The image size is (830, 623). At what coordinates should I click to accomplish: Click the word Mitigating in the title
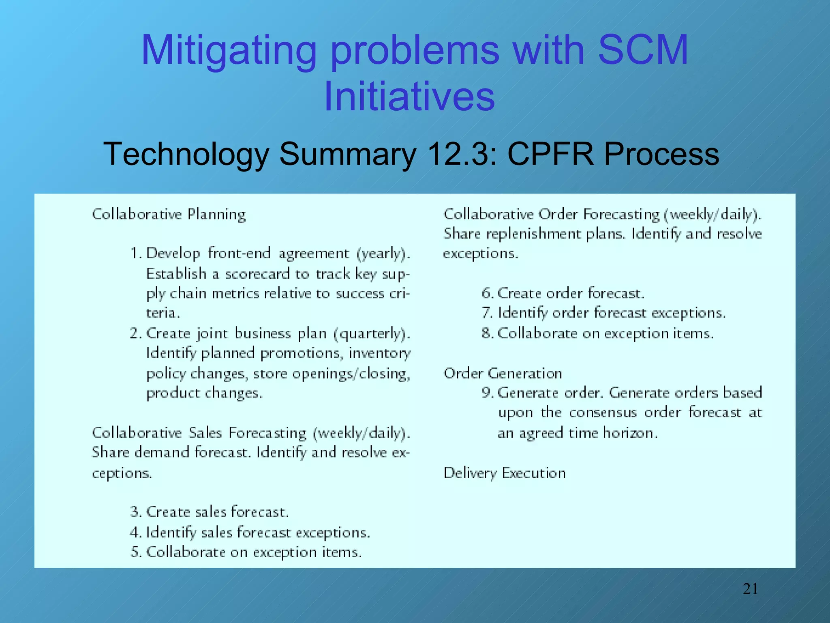[x=228, y=51]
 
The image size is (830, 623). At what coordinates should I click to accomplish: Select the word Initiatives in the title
[x=409, y=97]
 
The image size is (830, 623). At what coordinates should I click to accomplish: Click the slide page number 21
[x=750, y=589]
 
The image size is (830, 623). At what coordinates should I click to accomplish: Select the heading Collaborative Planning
[x=169, y=214]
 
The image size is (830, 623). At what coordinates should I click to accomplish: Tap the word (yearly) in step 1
[x=383, y=253]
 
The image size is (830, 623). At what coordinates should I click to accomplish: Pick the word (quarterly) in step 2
[x=372, y=333]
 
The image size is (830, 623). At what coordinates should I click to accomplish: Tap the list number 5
[x=135, y=552]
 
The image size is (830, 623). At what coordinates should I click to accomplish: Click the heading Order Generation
[x=503, y=373]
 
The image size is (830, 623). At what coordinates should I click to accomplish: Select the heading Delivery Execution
[x=505, y=473]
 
